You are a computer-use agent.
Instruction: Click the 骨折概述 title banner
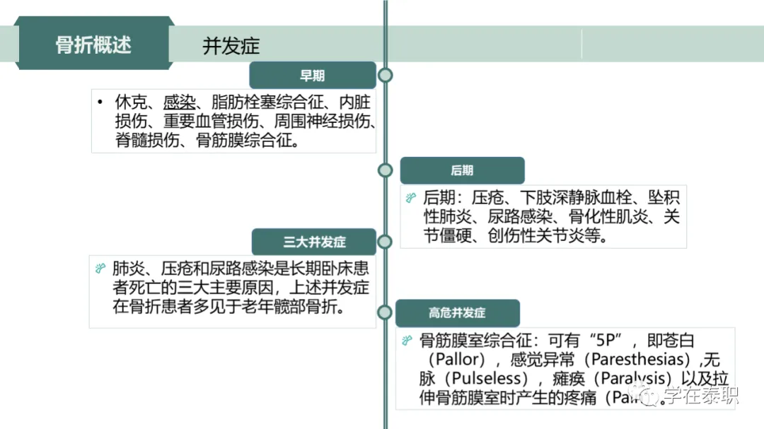point(94,44)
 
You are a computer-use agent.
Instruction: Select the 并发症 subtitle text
point(231,46)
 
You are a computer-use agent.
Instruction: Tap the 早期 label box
point(312,76)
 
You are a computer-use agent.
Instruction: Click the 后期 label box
point(462,170)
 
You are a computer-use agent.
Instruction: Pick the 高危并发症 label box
point(457,312)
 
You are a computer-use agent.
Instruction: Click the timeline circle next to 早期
point(385,76)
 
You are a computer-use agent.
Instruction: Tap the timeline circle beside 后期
point(385,170)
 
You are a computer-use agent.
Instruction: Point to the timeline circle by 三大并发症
point(385,242)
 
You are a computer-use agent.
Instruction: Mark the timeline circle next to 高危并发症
point(385,312)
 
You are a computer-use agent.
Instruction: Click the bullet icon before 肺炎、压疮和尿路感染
point(100,269)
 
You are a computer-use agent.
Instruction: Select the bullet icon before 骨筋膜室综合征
point(407,341)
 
